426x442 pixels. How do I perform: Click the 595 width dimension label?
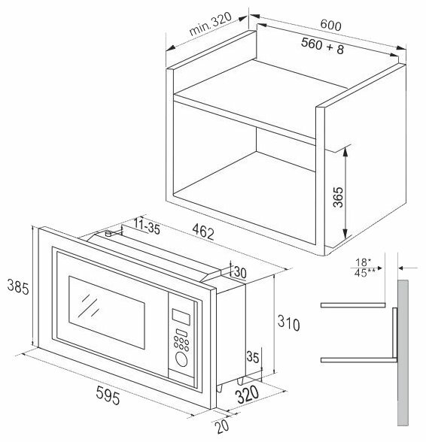[x=108, y=395]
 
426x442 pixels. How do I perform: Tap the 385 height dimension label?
[x=18, y=286]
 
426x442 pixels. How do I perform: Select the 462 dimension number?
[x=203, y=232]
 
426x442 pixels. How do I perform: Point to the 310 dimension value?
[x=288, y=322]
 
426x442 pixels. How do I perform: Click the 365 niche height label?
[x=338, y=197]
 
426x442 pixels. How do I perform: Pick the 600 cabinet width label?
[x=330, y=25]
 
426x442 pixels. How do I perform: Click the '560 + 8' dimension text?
[x=322, y=46]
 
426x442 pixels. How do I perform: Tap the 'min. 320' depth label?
[x=210, y=24]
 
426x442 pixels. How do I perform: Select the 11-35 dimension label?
[x=147, y=226]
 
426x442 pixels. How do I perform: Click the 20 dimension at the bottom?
[x=222, y=426]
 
